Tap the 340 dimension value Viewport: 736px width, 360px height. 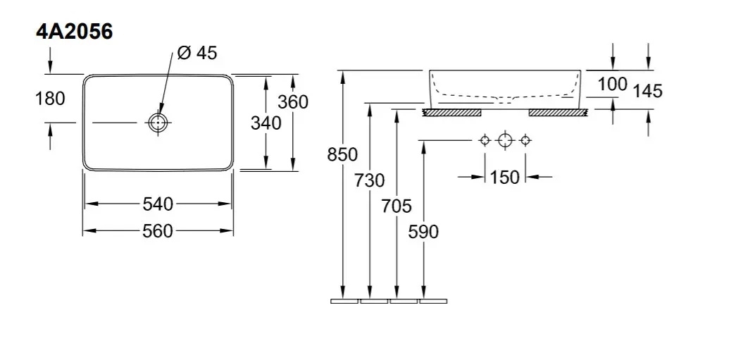pos(266,123)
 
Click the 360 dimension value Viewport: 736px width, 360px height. pos(292,101)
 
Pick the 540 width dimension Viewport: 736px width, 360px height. pos(158,204)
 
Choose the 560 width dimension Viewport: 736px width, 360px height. pos(158,230)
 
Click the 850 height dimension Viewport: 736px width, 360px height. pos(342,154)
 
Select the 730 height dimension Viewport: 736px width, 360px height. pos(370,180)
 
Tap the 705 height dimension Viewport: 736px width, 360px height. pos(396,206)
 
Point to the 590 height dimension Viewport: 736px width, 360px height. pos(423,231)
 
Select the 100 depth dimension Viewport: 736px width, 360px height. pos(612,84)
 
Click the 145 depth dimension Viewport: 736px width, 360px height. pos(647,90)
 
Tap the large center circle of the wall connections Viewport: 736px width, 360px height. pos(504,140)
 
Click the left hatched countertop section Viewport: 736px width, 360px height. pos(451,112)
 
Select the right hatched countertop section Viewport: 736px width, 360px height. pos(557,112)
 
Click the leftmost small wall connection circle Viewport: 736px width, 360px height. pos(484,140)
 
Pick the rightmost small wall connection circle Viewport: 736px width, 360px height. pos(524,140)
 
